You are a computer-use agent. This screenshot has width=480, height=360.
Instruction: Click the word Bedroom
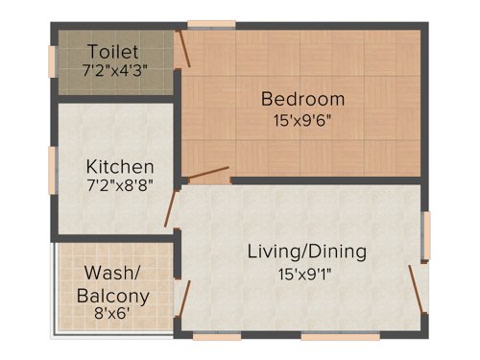coord(302,99)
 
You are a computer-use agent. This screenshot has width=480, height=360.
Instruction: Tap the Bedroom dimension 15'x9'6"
coord(302,122)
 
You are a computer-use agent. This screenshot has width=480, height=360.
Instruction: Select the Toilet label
coord(113,50)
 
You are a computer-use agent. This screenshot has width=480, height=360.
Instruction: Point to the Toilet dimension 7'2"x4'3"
coord(113,69)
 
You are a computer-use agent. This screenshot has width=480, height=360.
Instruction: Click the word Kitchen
coord(118,164)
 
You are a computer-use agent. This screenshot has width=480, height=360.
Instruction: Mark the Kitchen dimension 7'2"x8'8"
coord(118,183)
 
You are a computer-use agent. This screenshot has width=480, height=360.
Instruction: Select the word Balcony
coord(113,295)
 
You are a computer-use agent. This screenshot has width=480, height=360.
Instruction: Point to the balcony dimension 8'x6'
coord(113,314)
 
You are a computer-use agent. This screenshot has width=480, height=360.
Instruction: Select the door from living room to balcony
coord(183,300)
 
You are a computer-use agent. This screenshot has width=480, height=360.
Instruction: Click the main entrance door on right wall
coord(416,289)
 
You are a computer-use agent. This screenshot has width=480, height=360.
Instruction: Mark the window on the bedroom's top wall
coord(210,23)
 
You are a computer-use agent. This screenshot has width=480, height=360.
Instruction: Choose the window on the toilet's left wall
coord(53,60)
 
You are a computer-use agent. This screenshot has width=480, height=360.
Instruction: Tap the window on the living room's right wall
coord(426,235)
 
